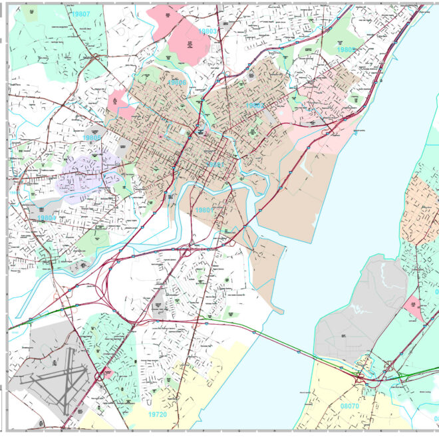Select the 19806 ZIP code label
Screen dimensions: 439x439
point(178,82)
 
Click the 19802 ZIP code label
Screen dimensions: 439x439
point(255,106)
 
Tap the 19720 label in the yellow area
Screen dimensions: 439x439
point(157,414)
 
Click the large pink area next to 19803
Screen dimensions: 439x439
point(184,35)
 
